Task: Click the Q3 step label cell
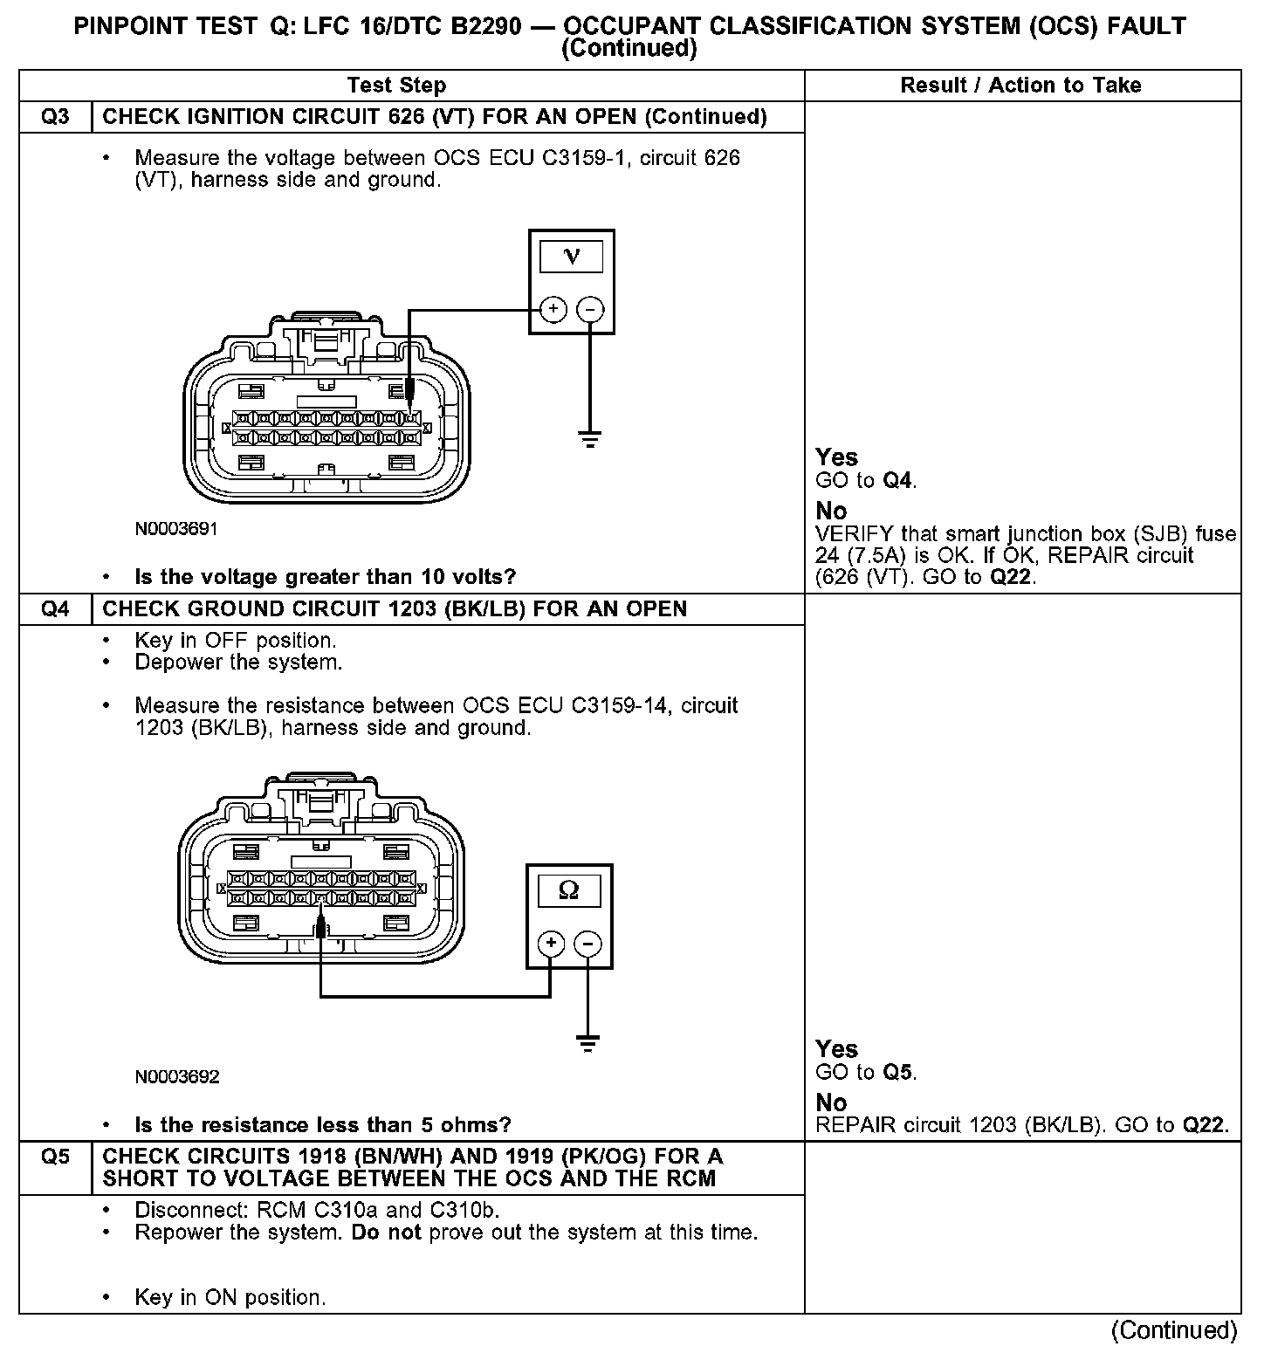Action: [55, 117]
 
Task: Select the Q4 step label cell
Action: [55, 609]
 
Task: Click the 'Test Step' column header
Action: [396, 86]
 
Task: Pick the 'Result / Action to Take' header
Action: [1020, 86]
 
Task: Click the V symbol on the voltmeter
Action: [572, 256]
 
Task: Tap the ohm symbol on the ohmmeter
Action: [568, 890]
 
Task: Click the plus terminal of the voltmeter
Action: [553, 309]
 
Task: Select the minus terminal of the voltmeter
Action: [591, 309]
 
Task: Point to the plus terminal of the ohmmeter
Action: [550, 944]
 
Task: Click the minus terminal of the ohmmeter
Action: [588, 944]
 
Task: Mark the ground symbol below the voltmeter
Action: [591, 438]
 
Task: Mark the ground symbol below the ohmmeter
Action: [588, 1042]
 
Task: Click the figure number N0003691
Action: [176, 529]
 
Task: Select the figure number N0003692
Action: [176, 1076]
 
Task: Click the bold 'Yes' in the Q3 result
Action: [836, 457]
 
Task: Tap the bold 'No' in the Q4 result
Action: [831, 1102]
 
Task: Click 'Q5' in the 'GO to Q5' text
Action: [898, 1072]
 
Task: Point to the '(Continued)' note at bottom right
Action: [1174, 1329]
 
